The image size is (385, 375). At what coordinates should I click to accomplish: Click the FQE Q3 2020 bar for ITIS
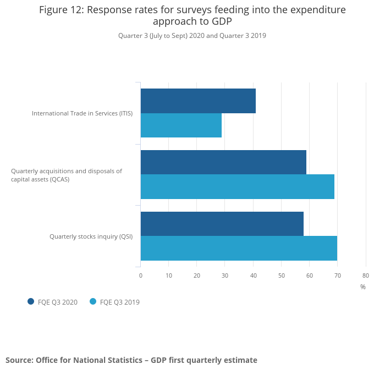coord(198,101)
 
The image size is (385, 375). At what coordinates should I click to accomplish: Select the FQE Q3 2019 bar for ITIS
coord(181,125)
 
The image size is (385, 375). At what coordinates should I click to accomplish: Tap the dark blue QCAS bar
coord(223,162)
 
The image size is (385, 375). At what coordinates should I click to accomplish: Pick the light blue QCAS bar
coord(237,187)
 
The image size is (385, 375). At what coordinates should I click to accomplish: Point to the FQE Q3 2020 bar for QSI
coord(222,224)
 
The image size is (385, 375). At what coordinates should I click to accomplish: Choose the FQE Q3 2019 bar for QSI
coord(239,249)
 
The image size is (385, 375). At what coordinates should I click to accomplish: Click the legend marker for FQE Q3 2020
coord(31,301)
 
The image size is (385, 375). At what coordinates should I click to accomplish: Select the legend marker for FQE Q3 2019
coord(93,301)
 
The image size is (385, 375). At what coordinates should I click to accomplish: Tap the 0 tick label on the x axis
coord(141,275)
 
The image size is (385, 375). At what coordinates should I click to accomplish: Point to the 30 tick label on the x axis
coord(225,275)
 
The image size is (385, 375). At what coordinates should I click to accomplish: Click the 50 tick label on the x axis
coord(281,275)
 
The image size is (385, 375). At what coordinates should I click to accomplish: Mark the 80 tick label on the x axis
coord(366,275)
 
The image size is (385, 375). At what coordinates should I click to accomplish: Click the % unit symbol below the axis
coord(363,287)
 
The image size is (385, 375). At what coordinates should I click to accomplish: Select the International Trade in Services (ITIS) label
coord(82,113)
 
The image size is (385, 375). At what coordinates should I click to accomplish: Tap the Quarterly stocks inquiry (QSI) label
coord(91,236)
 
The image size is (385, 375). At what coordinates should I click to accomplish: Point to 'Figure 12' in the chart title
coord(61,10)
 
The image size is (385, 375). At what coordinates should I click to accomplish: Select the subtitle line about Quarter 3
coord(192,36)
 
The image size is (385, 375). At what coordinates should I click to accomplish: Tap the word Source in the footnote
coord(18,360)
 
